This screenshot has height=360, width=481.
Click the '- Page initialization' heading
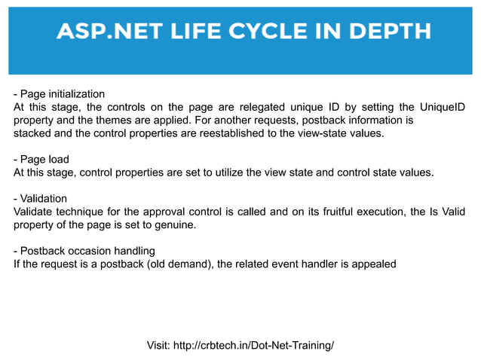pos(59,94)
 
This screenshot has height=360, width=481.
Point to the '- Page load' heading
pos(41,160)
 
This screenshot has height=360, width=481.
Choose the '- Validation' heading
pos(41,199)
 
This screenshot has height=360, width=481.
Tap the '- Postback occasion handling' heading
pos(84,251)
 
